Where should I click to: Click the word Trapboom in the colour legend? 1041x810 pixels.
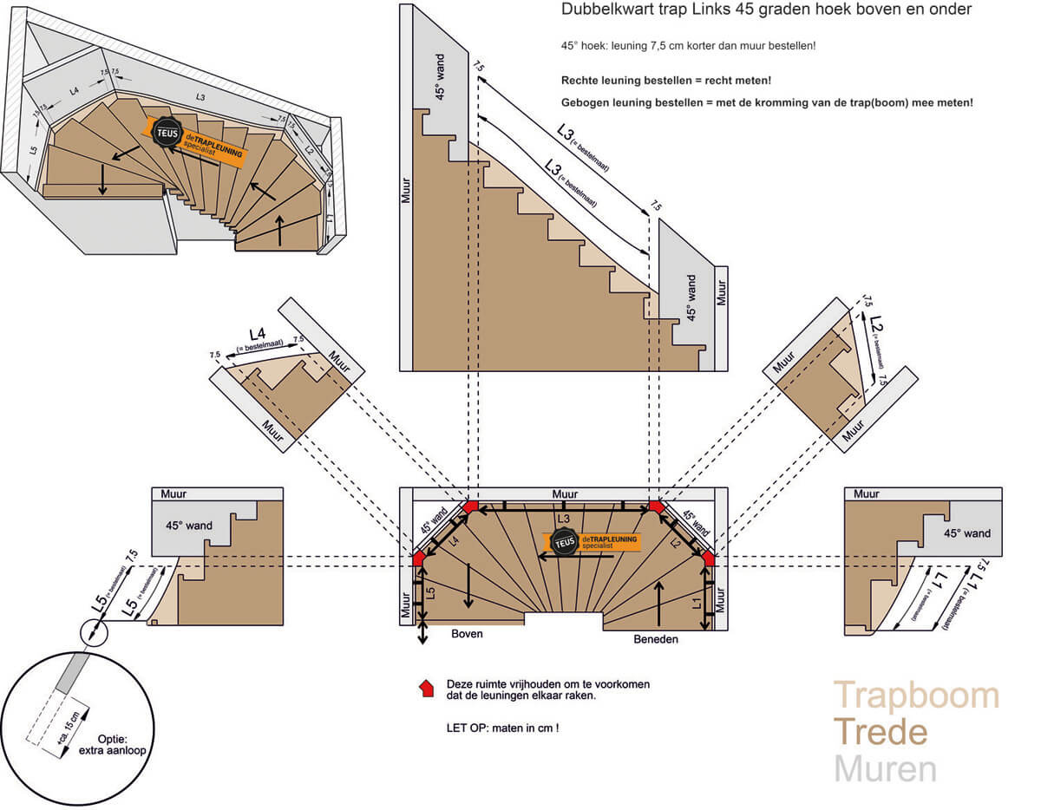916,696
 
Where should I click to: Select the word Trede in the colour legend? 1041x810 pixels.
881,733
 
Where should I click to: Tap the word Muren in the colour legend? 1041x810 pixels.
886,769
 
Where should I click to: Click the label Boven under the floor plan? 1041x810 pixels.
466,634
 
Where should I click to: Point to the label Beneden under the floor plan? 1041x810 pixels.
654,639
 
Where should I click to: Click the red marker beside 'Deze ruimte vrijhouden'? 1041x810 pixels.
426,689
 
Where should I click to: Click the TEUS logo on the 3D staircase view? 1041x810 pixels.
166,132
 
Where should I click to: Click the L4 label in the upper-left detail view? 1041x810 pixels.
257,333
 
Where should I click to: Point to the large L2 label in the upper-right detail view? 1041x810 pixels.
876,327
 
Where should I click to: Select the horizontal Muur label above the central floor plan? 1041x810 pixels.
565,493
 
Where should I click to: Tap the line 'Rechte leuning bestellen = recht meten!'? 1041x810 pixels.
666,81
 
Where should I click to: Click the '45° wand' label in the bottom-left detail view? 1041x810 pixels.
189,525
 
